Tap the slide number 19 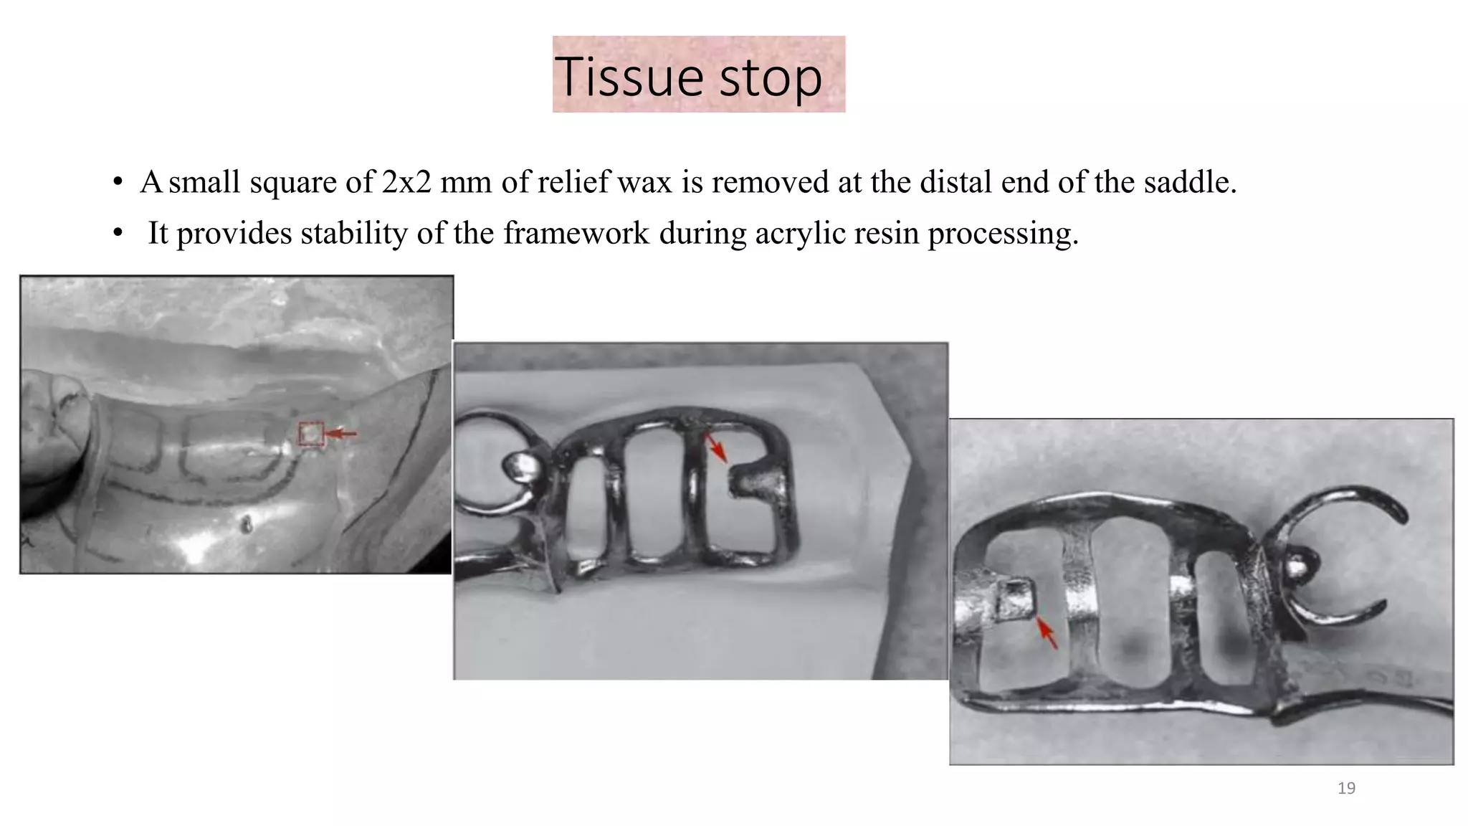click(1346, 788)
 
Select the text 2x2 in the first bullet click(406, 182)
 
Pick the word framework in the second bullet click(576, 233)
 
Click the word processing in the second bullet click(1003, 234)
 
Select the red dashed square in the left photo click(311, 433)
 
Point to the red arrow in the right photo click(1047, 632)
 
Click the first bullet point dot click(118, 181)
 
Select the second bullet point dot click(118, 233)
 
